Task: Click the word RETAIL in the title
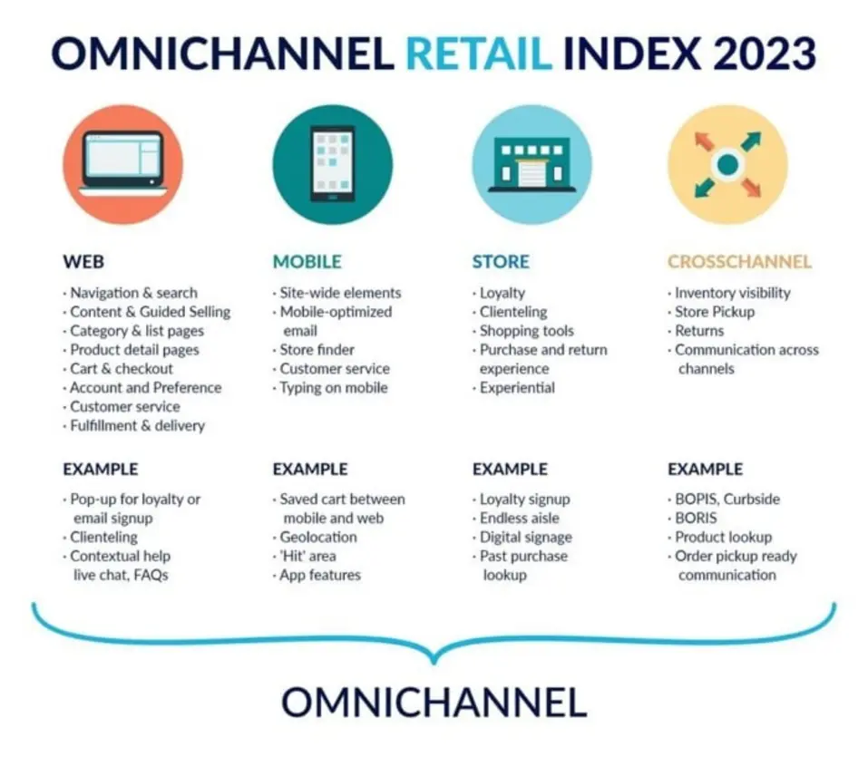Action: pyautogui.click(x=478, y=53)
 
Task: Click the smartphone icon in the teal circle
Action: pyautogui.click(x=333, y=164)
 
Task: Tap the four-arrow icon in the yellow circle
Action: pyautogui.click(x=727, y=164)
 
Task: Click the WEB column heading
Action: pyautogui.click(x=83, y=262)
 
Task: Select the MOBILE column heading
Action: pyautogui.click(x=307, y=262)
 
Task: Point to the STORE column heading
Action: pyautogui.click(x=500, y=262)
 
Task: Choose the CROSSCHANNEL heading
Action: pyautogui.click(x=739, y=262)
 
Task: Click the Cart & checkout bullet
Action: pyautogui.click(x=121, y=369)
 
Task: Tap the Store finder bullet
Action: pyautogui.click(x=317, y=350)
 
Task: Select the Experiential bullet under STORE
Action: pyautogui.click(x=517, y=388)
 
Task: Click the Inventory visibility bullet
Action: pyautogui.click(x=732, y=293)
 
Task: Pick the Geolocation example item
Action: pyautogui.click(x=317, y=537)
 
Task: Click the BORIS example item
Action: pyautogui.click(x=696, y=518)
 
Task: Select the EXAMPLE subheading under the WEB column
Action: pyautogui.click(x=101, y=470)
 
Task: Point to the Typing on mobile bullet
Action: pyautogui.click(x=333, y=388)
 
